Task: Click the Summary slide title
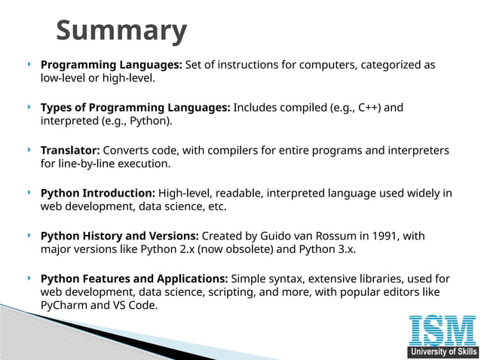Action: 121,32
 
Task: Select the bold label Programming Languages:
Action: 111,65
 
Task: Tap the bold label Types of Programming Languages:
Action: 135,108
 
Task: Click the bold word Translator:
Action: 70,151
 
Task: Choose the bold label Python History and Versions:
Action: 119,236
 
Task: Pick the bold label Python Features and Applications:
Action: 134,279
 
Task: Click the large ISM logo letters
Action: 442,331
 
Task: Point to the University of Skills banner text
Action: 442,352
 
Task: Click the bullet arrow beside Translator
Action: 29,151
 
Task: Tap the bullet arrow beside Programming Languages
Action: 29,65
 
